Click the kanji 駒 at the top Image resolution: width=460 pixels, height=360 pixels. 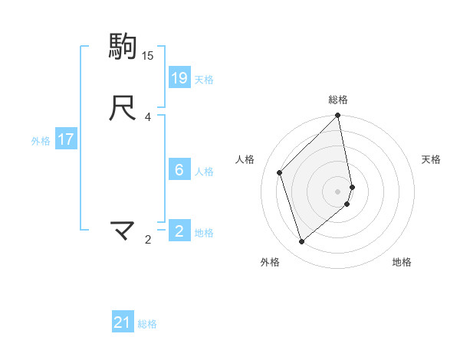coord(123,47)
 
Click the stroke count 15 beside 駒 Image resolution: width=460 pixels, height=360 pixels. coord(148,56)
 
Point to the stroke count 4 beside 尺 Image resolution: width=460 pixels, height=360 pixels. coord(148,117)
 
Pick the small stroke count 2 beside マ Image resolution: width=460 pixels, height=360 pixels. coord(148,240)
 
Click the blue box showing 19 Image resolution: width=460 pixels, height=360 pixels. coord(179,78)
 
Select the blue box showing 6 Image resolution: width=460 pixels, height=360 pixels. coord(179,170)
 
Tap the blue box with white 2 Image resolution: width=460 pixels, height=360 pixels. coord(179,231)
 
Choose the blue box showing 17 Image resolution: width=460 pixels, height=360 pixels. coord(66,139)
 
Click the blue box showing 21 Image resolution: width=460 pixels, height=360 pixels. coord(123,322)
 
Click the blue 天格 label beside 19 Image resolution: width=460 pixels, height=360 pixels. coord(204,79)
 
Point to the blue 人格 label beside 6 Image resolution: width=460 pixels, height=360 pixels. coord(204,171)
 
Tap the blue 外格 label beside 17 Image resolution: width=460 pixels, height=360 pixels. coord(41,140)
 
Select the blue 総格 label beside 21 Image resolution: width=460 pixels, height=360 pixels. coord(147,324)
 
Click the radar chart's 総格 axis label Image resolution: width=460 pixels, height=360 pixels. coord(338,100)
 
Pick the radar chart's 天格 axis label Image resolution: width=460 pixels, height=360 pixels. coord(431,159)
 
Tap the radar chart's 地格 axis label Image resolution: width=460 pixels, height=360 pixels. coord(402,263)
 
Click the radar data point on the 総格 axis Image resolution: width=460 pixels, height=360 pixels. coord(338,116)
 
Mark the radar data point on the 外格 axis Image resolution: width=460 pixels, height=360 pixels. coord(301,242)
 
